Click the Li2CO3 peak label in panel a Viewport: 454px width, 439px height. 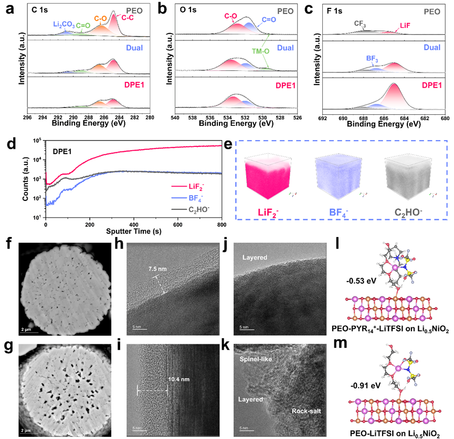point(64,25)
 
